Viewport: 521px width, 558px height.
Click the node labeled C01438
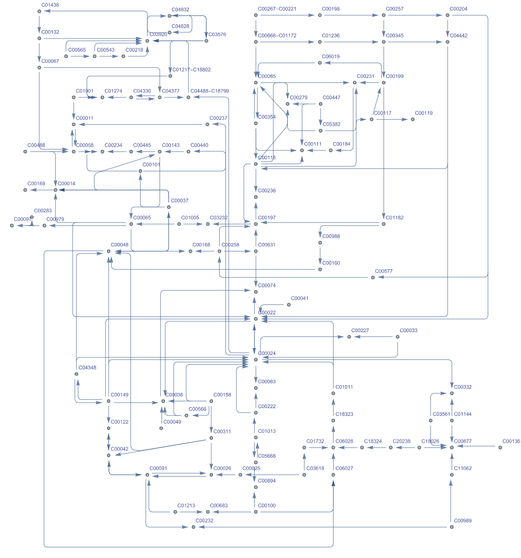coord(39,11)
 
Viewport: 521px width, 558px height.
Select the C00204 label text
coord(458,9)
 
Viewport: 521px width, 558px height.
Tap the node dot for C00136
coord(500,447)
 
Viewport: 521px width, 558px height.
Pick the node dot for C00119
coord(412,119)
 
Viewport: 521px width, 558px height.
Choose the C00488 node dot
coord(25,151)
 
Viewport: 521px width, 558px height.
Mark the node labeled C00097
coord(12,225)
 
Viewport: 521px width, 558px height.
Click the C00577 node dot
coord(373,278)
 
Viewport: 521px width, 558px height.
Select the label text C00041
coord(299,298)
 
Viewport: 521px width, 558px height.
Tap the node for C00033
coord(398,337)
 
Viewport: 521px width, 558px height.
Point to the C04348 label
coord(87,368)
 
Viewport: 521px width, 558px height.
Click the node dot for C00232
coord(193,527)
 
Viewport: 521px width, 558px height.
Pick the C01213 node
coord(175,512)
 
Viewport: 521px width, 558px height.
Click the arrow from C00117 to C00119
coord(392,119)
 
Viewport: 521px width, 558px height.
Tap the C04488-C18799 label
coord(210,91)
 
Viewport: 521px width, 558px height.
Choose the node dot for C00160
coord(320,269)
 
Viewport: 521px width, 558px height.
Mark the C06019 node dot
coord(320,63)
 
